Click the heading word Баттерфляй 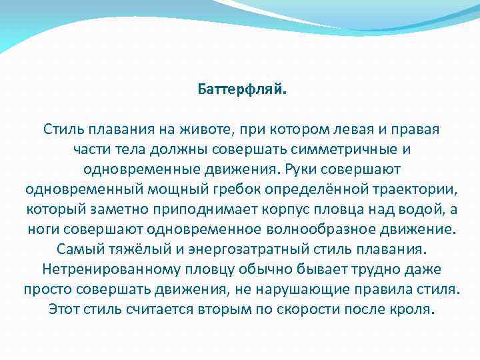click(243, 89)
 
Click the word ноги click(43, 230)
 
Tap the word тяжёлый click(125, 251)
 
